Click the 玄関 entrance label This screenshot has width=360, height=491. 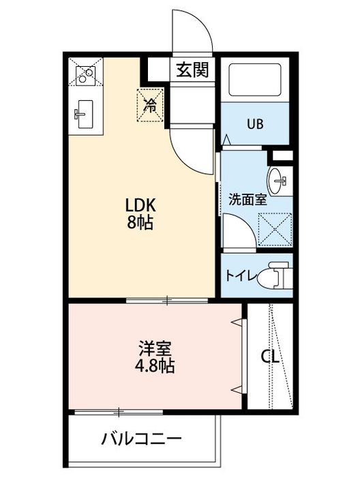click(192, 69)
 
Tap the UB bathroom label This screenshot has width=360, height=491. click(255, 124)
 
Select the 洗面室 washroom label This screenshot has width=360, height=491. click(247, 200)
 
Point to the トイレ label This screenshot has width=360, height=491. click(241, 276)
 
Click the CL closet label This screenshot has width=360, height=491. click(271, 357)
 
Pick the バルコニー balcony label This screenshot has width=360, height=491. click(142, 438)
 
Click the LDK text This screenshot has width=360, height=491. click(141, 205)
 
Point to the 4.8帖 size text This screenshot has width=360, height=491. click(155, 366)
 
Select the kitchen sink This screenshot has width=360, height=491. click(85, 113)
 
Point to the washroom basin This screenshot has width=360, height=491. click(280, 180)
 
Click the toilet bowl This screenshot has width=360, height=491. click(280, 275)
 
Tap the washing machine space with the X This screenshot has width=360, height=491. click(276, 227)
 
